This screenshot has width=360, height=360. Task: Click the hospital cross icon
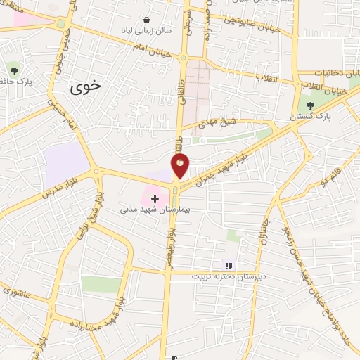[155, 198]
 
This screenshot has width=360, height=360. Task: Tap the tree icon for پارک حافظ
[14, 68]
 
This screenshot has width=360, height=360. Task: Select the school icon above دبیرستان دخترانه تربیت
[227, 265]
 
